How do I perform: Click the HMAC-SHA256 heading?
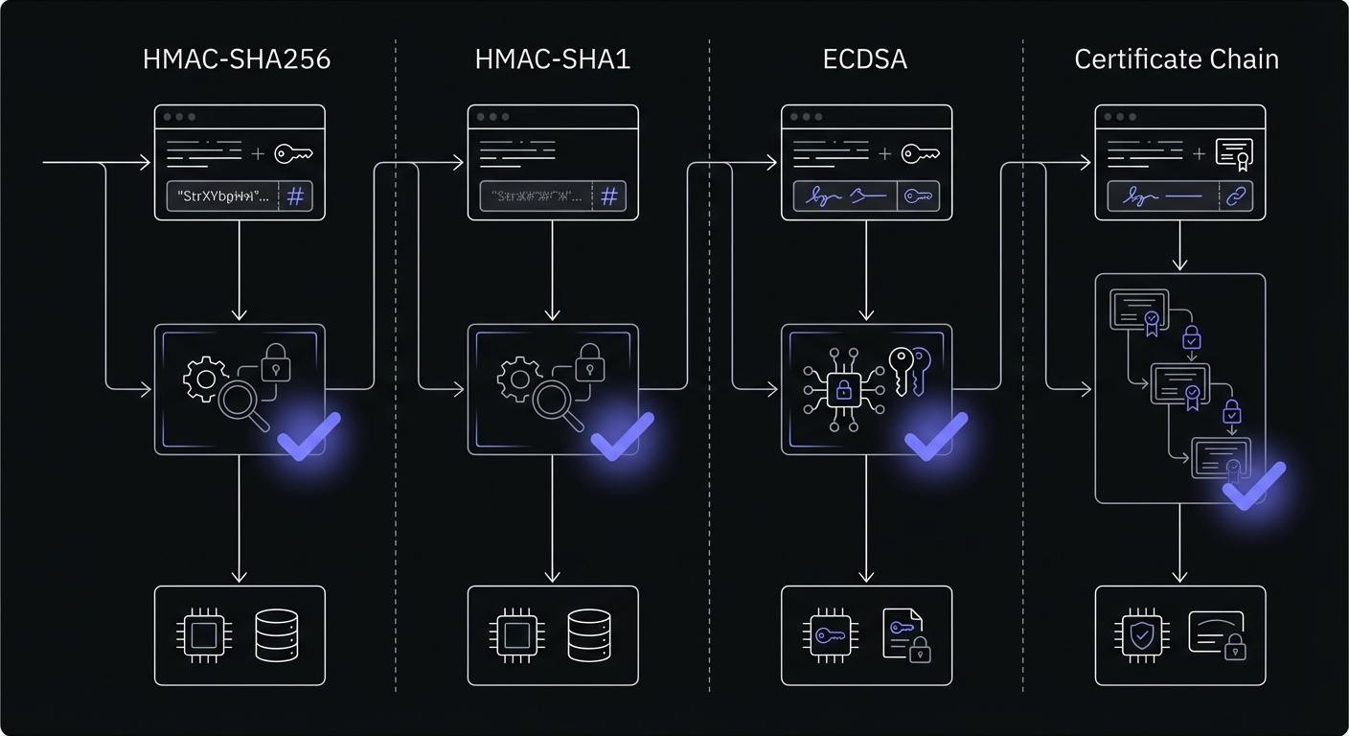[236, 59]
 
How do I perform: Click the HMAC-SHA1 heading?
[553, 59]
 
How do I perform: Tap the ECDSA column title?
[865, 59]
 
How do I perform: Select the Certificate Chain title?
[1177, 59]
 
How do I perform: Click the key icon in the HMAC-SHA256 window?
[294, 153]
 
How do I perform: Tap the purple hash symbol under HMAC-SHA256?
[296, 196]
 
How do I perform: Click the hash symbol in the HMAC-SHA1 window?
[609, 196]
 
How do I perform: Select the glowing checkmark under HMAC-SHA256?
[309, 436]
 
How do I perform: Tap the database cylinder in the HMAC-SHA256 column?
[276, 635]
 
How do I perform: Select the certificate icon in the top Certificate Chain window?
[1234, 153]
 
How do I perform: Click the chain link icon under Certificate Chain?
[1234, 196]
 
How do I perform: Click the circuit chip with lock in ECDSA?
[843, 389]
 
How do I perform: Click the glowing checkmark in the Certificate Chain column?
[1253, 485]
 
